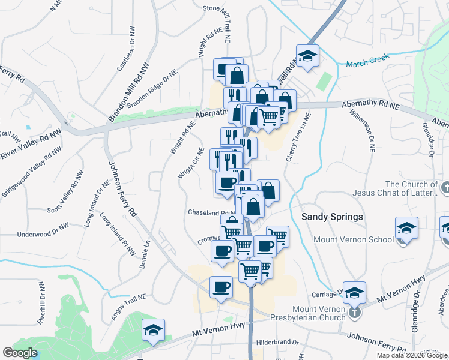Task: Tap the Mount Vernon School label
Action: (x=354, y=239)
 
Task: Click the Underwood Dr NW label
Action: (x=43, y=234)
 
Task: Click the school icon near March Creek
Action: (x=307, y=56)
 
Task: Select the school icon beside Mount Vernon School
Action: (x=406, y=229)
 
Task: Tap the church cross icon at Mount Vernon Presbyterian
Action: (x=355, y=312)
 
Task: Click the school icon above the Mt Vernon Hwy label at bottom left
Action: (x=153, y=329)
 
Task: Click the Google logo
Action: (x=20, y=353)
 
